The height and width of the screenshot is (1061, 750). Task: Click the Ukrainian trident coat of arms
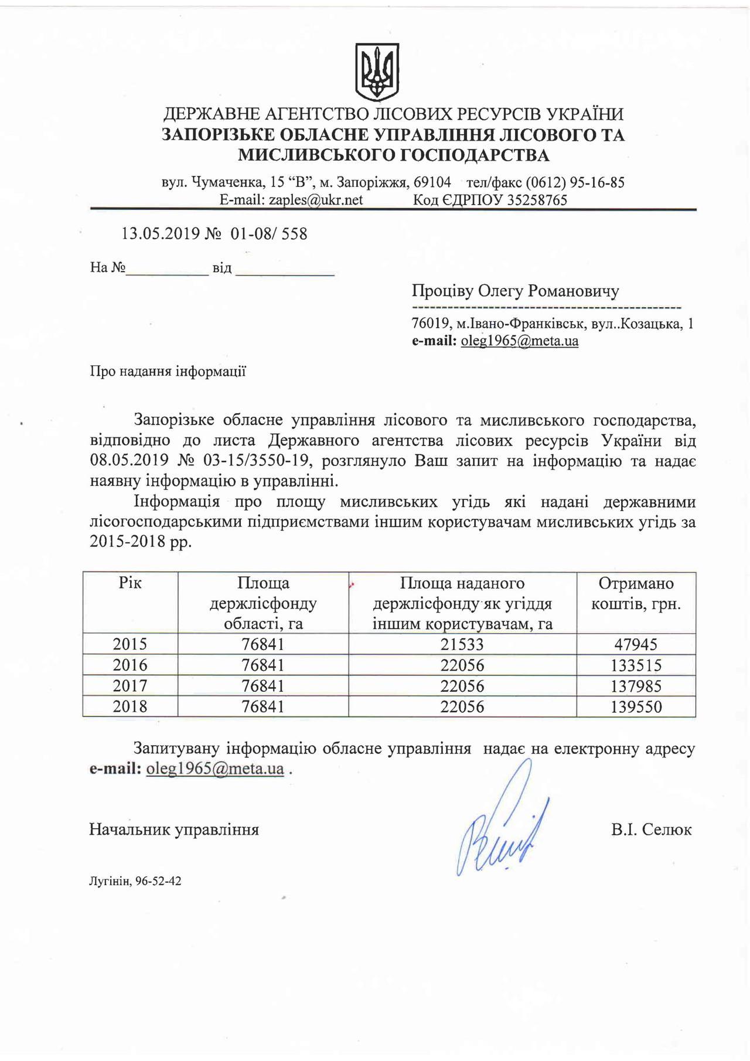coord(377,72)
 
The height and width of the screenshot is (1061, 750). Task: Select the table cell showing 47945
coord(636,644)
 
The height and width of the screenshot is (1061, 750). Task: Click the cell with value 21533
coord(462,644)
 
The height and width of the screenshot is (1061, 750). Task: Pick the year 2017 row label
coord(130,686)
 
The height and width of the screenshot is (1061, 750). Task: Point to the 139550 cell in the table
coord(636,706)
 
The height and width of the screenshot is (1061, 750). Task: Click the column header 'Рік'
coord(130,583)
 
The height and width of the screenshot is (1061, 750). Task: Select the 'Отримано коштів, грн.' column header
coord(636,593)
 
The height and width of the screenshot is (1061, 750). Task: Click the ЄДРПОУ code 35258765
coord(537,200)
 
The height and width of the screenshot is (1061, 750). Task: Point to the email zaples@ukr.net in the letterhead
coord(315,200)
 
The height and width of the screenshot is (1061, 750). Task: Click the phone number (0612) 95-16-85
coord(574,182)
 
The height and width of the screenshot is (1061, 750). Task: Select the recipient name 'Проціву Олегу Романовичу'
coord(515,291)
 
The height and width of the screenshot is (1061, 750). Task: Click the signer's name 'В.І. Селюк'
coord(651,829)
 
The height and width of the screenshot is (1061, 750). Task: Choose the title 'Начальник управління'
coord(174,829)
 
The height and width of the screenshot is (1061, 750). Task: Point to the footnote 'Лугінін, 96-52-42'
coord(135,880)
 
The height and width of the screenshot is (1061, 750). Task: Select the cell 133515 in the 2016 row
coord(636,665)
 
